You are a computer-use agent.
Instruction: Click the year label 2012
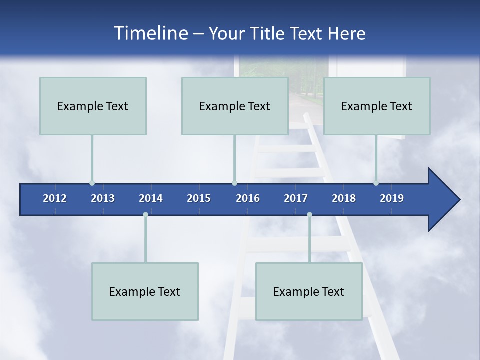(x=55, y=198)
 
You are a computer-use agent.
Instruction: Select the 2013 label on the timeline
(x=103, y=198)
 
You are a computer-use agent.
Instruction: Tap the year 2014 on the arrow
(x=151, y=198)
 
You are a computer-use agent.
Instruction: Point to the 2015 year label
(x=199, y=198)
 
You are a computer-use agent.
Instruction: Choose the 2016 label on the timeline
(x=248, y=198)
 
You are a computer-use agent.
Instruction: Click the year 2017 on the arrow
(x=296, y=198)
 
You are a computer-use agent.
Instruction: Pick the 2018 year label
(x=344, y=198)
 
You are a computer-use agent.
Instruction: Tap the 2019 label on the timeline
(x=392, y=198)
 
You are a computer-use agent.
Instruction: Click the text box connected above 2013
(x=93, y=106)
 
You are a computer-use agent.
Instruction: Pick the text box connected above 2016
(x=235, y=106)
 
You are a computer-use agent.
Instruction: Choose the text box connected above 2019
(x=377, y=106)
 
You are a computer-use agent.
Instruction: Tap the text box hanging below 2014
(x=145, y=291)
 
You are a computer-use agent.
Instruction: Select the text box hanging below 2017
(x=309, y=291)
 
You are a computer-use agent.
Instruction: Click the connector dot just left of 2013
(x=92, y=183)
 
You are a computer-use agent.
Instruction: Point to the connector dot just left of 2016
(x=234, y=183)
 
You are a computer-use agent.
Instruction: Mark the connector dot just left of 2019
(x=376, y=183)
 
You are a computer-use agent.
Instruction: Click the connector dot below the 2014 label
(x=145, y=215)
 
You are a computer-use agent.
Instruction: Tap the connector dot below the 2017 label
(x=309, y=215)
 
